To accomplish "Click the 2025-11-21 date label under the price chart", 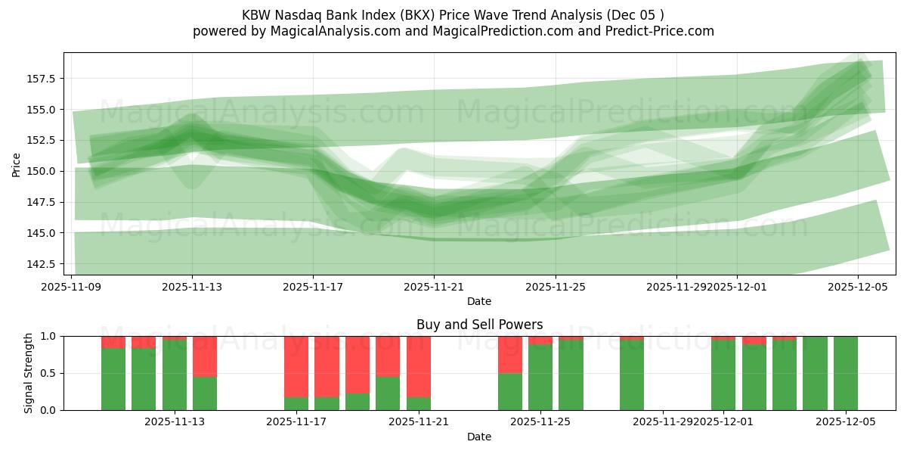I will [x=434, y=287].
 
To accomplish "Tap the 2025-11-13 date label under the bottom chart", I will [x=175, y=422].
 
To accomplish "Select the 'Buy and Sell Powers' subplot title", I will [x=479, y=325].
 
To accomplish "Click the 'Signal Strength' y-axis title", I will [x=28, y=373].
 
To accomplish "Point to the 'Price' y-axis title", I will [x=17, y=164].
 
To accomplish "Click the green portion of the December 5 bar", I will [x=845, y=373].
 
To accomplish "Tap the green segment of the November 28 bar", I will [x=631, y=375].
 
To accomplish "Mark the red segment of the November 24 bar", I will [x=509, y=354].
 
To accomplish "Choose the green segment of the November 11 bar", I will [x=113, y=379].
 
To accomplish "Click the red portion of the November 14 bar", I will [x=205, y=356].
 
